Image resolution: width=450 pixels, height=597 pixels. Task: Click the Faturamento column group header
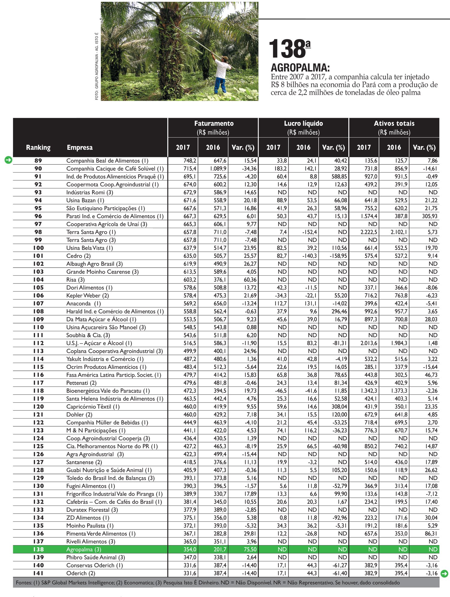[x=214, y=124]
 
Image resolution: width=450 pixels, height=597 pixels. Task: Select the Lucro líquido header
[x=303, y=124]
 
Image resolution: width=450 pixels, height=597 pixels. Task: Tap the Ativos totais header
[x=394, y=124]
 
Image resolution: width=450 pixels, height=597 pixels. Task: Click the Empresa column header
[x=79, y=147]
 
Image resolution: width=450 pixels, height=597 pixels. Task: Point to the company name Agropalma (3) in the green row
[x=84, y=549]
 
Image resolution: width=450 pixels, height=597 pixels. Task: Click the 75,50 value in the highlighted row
[x=250, y=549]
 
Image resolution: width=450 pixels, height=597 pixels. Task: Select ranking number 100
[x=38, y=248]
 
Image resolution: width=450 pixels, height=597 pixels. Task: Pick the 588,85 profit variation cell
[x=339, y=176]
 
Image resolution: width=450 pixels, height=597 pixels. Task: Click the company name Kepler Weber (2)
[x=88, y=295]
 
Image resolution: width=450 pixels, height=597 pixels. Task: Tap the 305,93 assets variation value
[x=429, y=216]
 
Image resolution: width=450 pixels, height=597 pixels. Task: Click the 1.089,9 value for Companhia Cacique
[x=218, y=169]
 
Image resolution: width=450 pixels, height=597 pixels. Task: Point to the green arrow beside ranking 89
[x=8, y=160]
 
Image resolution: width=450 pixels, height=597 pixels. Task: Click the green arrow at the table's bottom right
[x=444, y=574]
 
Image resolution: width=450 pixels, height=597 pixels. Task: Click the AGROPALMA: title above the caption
[x=300, y=67]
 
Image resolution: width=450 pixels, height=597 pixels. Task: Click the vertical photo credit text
[x=97, y=66]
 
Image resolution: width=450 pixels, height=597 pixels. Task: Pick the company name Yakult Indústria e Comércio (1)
[x=105, y=359]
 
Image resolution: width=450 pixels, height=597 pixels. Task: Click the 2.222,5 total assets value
[x=369, y=232]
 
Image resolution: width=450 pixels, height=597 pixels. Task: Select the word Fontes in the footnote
[x=24, y=583]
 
